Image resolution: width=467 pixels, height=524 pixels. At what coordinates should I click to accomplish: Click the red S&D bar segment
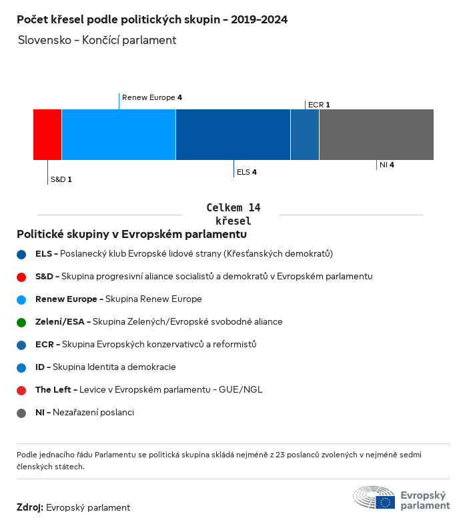tap(47, 135)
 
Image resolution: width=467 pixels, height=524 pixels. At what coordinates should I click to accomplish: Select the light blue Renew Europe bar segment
tap(119, 135)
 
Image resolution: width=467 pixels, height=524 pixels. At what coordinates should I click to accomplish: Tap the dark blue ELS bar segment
tap(233, 135)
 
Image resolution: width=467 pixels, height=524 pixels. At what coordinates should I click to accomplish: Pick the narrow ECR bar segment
tap(305, 135)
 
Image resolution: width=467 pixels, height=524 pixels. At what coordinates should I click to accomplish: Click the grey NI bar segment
tap(376, 135)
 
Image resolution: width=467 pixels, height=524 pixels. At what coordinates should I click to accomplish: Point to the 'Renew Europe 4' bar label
tap(152, 97)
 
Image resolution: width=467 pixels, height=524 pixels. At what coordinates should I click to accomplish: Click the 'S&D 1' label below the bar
tap(61, 179)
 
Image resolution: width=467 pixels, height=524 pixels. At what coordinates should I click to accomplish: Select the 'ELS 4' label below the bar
tap(246, 172)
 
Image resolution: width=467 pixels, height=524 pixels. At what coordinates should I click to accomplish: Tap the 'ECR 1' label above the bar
tap(319, 105)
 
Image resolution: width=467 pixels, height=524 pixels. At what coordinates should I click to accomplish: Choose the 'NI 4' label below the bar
tap(386, 165)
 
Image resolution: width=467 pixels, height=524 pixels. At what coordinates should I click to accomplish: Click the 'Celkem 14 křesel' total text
tap(233, 214)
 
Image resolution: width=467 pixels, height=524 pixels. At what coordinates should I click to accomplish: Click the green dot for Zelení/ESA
tap(22, 322)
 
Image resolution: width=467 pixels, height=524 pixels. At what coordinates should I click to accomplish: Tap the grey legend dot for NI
tap(22, 413)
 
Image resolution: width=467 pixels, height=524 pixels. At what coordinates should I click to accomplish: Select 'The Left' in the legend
tap(56, 389)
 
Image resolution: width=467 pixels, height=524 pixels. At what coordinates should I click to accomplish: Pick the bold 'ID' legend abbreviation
tap(41, 367)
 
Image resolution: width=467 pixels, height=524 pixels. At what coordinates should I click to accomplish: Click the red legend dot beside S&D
tap(22, 277)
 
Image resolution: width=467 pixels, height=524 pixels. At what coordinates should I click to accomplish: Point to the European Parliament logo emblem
tap(374, 499)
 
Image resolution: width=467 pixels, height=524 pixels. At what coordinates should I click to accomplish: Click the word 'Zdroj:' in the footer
tap(30, 507)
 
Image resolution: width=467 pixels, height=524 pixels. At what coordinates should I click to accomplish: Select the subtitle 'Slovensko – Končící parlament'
tap(97, 40)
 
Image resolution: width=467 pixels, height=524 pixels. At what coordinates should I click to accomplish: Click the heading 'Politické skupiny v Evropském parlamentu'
tap(131, 235)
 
